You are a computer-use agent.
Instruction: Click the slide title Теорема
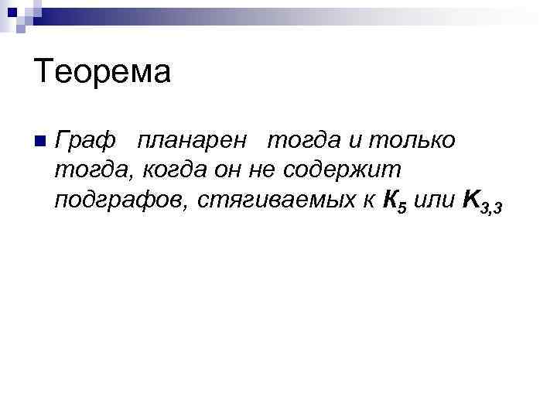[x=101, y=74]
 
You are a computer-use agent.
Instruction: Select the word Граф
[x=85, y=141]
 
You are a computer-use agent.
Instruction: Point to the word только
[x=410, y=141]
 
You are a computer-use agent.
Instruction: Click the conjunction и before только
[x=354, y=141]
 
